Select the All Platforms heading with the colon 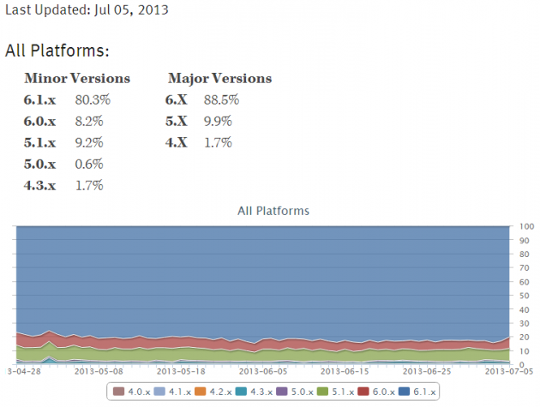(57, 51)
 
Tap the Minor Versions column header (77, 79)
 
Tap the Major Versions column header (219, 79)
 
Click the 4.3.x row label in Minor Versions (40, 185)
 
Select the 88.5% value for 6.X (221, 100)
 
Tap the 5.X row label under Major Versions (178, 122)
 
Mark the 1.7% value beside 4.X (218, 142)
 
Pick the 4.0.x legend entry (135, 392)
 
